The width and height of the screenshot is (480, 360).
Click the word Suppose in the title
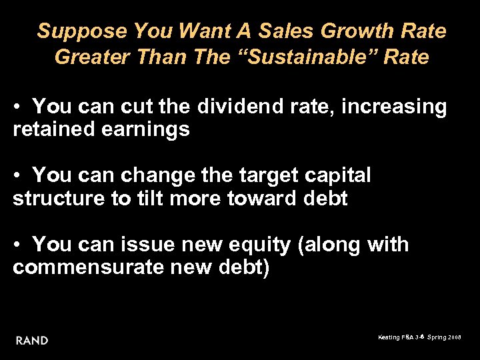[x=82, y=31]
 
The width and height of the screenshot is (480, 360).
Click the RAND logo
[x=32, y=341]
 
